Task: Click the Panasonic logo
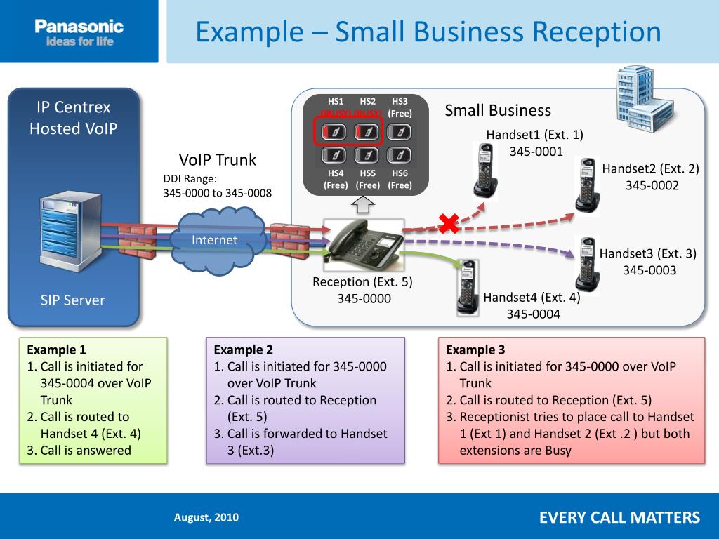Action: [79, 32]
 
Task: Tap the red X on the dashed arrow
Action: [448, 224]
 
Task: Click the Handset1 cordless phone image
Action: [485, 171]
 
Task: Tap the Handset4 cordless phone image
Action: [466, 286]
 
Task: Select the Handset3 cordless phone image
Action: [586, 267]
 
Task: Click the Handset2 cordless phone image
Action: [587, 184]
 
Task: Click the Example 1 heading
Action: [56, 350]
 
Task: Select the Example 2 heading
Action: [243, 350]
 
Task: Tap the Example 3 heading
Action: [475, 350]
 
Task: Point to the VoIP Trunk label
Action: [218, 160]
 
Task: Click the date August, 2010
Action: [206, 517]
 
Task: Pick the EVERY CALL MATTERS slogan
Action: [619, 518]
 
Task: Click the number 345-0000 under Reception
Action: [362, 299]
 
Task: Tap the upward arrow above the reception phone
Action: [362, 206]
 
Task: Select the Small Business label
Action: [498, 110]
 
